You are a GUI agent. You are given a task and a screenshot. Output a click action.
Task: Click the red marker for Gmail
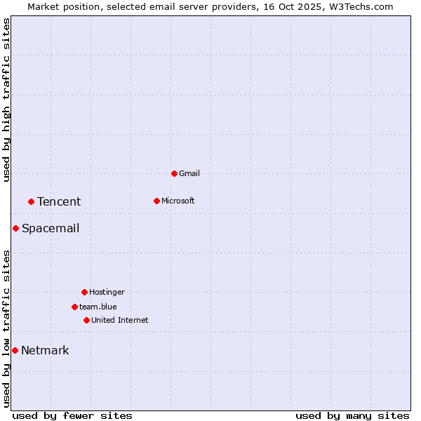click(x=174, y=173)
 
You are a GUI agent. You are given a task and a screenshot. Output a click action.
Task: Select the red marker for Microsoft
click(x=156, y=201)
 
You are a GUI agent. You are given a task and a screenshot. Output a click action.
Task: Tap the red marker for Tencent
click(x=31, y=202)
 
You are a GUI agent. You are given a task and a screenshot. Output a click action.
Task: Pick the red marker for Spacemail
click(x=15, y=228)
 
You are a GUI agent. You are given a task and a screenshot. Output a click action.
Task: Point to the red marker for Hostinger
click(x=84, y=292)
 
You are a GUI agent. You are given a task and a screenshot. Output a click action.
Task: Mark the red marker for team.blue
click(x=74, y=307)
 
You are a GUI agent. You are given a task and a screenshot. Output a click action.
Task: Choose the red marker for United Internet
click(x=86, y=320)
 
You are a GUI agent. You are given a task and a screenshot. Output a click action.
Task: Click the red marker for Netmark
click(x=15, y=350)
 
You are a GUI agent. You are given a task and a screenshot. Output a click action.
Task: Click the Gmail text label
click(x=189, y=173)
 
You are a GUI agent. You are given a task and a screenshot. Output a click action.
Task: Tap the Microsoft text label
click(x=178, y=201)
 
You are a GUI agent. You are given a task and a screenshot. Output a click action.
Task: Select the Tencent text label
click(x=59, y=202)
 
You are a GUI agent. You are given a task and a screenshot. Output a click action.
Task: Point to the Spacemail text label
click(x=51, y=228)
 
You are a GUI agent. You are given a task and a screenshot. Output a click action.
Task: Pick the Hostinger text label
click(x=107, y=292)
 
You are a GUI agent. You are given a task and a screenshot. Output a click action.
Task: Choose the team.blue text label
click(x=98, y=307)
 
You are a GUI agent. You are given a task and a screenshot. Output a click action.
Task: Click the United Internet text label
click(x=120, y=320)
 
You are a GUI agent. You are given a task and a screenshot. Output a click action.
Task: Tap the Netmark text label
click(x=45, y=350)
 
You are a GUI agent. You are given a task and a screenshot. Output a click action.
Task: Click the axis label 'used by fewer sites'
click(x=72, y=415)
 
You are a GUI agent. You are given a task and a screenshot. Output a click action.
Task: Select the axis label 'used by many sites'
click(x=352, y=415)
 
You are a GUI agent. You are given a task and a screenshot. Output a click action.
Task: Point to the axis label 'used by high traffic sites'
click(x=6, y=100)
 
